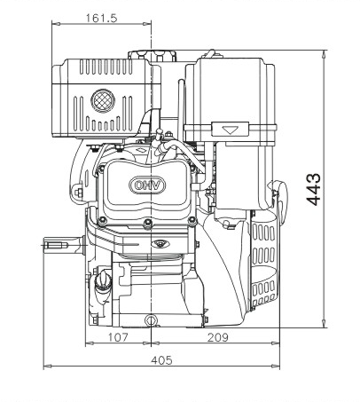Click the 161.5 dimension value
tap(101, 19)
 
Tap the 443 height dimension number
tap(313, 190)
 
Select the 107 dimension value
tap(118, 337)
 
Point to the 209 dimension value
tap(218, 337)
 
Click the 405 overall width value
tap(161, 360)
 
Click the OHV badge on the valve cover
tap(147, 185)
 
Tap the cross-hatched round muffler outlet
tap(103, 101)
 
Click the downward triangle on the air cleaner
tap(230, 130)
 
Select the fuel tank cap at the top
tap(152, 56)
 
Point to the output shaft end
tap(56, 245)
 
